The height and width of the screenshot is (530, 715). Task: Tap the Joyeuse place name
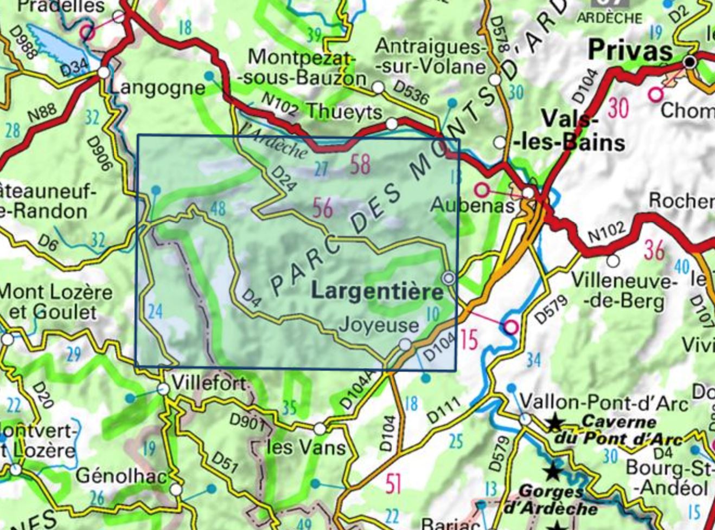(378, 325)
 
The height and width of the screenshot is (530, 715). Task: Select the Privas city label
(630, 51)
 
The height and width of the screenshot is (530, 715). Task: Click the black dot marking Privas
(690, 62)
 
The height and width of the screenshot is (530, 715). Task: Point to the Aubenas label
(472, 205)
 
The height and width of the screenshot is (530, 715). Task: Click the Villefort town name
(209, 383)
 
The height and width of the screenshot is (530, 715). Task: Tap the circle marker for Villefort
(163, 389)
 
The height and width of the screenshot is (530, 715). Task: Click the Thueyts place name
(345, 111)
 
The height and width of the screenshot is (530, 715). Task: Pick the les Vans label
(306, 448)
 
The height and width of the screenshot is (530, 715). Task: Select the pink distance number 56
(322, 208)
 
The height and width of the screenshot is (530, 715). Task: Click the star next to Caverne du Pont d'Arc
(554, 422)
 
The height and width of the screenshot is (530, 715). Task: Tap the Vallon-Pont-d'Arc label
(603, 403)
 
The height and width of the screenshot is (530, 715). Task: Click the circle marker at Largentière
(449, 279)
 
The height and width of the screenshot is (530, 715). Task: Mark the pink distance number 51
(393, 483)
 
